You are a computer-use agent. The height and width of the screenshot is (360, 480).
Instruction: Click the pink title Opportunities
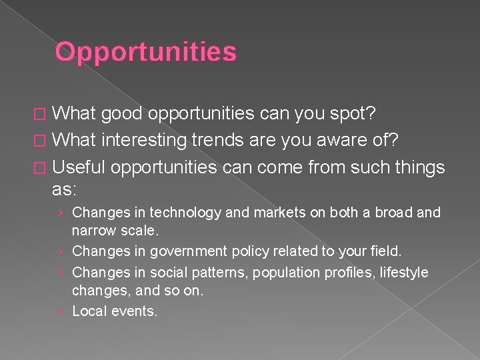[x=145, y=52]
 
